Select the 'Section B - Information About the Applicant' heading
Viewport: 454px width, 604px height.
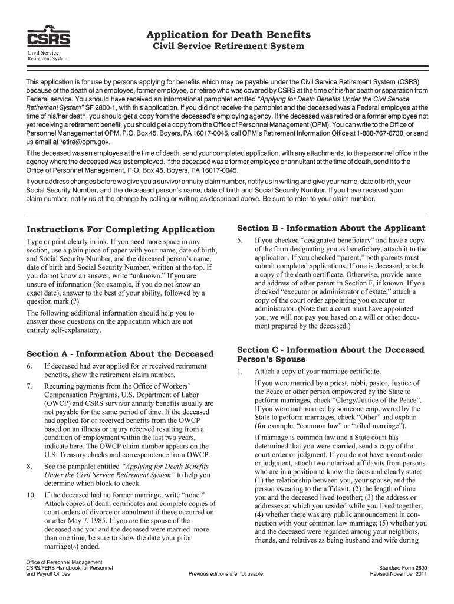click(331, 228)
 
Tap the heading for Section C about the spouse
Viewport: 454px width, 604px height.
click(330, 354)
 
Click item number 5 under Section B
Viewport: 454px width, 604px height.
click(240, 241)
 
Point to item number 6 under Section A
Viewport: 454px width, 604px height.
click(30, 366)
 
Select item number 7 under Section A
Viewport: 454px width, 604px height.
click(30, 386)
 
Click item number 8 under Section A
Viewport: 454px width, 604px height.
click(30, 467)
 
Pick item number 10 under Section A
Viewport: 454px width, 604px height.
click(31, 494)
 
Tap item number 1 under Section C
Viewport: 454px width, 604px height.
click(240, 372)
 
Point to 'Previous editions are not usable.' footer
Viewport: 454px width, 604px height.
click(226, 573)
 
